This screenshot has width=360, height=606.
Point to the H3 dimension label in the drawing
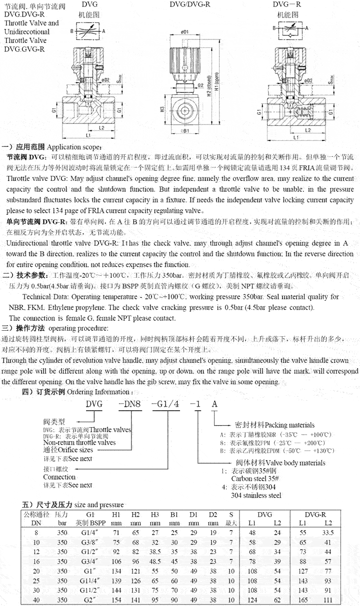[x=163, y=109]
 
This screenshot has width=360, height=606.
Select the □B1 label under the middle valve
[x=184, y=132]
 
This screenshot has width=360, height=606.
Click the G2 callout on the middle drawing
[x=201, y=85]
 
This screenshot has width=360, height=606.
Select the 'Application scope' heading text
[x=73, y=148]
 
